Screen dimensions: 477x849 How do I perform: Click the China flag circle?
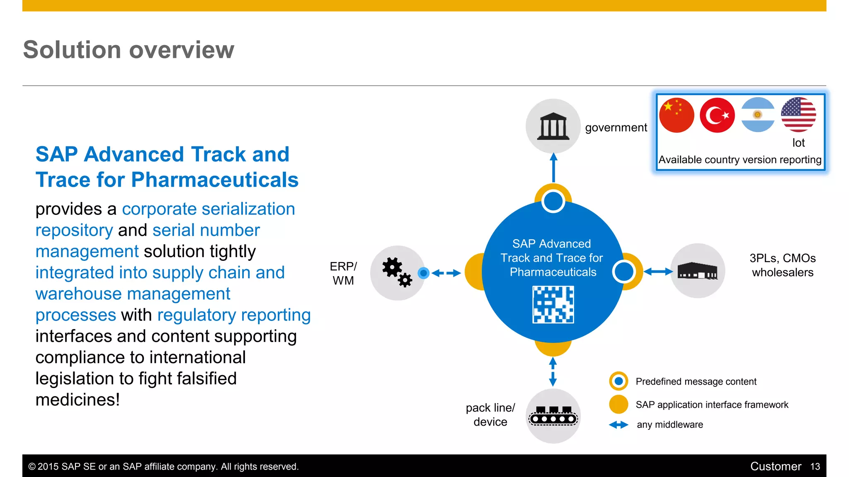pyautogui.click(x=677, y=115)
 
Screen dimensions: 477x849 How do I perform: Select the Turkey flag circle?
pyautogui.click(x=717, y=115)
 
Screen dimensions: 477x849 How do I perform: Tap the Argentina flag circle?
pyautogui.click(x=758, y=115)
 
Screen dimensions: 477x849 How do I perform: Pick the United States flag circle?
pyautogui.click(x=798, y=115)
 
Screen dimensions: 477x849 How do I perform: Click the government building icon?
pyautogui.click(x=553, y=126)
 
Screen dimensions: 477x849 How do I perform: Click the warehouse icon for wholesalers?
pyautogui.click(x=697, y=271)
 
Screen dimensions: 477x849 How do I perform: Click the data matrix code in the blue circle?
pyautogui.click(x=553, y=304)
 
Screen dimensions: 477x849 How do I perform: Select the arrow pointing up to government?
pyautogui.click(x=553, y=168)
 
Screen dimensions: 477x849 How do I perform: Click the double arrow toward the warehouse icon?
pyautogui.click(x=658, y=272)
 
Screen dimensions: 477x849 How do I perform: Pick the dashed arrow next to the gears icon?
pyautogui.click(x=446, y=273)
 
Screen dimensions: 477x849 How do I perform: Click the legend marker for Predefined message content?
pyautogui.click(x=619, y=381)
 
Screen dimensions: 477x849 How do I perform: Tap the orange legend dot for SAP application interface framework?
pyautogui.click(x=619, y=404)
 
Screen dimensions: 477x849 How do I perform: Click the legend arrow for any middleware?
pyautogui.click(x=619, y=425)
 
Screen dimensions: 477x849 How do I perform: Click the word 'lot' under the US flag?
pyautogui.click(x=798, y=143)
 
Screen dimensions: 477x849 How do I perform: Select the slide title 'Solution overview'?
pyautogui.click(x=129, y=50)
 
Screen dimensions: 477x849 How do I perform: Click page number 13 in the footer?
pyautogui.click(x=815, y=467)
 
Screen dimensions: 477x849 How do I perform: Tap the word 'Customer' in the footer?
pyautogui.click(x=775, y=467)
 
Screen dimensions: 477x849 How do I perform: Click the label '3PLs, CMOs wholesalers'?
pyautogui.click(x=783, y=265)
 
